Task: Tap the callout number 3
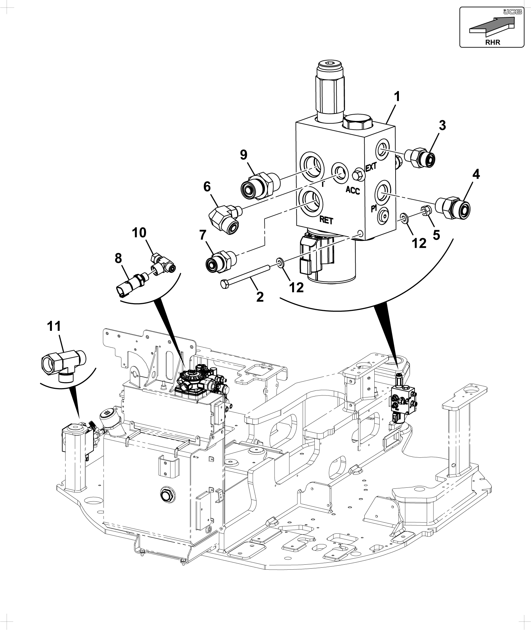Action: [442, 126]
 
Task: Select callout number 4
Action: [476, 174]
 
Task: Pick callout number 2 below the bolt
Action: [260, 297]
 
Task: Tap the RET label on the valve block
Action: [326, 220]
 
